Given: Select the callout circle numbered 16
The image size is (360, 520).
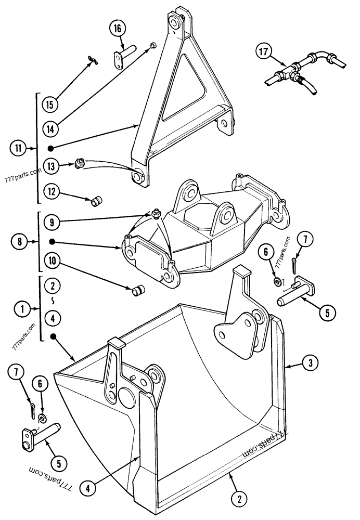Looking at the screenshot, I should pos(118,29).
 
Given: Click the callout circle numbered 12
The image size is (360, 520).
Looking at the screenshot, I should pos(52,192).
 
